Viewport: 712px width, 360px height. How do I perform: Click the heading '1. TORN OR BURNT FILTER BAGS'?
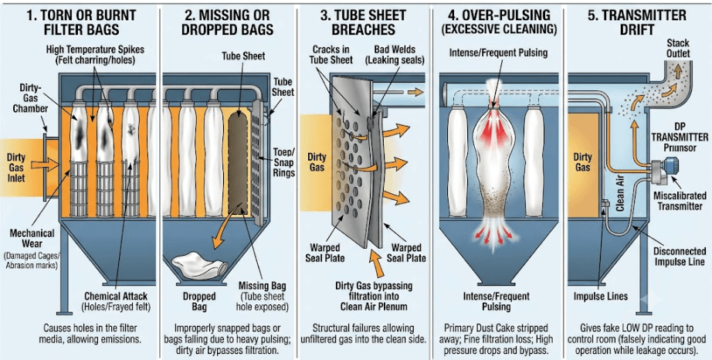[81, 22]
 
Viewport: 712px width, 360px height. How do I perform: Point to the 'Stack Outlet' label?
[678, 48]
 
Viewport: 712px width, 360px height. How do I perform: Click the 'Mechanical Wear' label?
[32, 239]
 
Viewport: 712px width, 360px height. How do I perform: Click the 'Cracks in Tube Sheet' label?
[331, 54]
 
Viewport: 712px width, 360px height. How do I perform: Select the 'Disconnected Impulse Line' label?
[679, 256]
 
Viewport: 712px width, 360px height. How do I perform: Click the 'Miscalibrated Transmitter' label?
[680, 201]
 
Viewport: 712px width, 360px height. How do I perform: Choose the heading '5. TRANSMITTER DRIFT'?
[637, 22]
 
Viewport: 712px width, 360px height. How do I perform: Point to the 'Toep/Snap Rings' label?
[284, 162]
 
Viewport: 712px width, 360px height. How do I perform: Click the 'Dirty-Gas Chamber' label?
[30, 97]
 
